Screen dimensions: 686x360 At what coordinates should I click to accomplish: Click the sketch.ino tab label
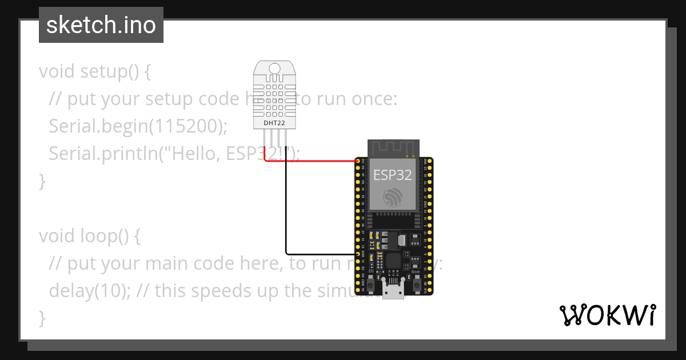pyautogui.click(x=101, y=25)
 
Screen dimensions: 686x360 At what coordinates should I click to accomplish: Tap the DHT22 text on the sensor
pyautogui.click(x=274, y=122)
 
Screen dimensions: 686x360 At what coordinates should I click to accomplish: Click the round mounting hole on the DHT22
pyautogui.click(x=274, y=69)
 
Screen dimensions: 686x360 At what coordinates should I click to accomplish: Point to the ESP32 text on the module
pyautogui.click(x=392, y=175)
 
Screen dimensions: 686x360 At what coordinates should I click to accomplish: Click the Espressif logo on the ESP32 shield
pyautogui.click(x=392, y=198)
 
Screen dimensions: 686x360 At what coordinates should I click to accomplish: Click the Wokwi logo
pyautogui.click(x=608, y=315)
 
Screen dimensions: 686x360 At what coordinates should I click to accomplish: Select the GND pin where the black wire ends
pyautogui.click(x=358, y=254)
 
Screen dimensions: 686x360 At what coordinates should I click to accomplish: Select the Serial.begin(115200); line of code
pyautogui.click(x=138, y=126)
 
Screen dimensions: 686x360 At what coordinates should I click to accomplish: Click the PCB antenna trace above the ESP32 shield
pyautogui.click(x=392, y=147)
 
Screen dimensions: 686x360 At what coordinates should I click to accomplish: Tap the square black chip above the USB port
pyautogui.click(x=394, y=261)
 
